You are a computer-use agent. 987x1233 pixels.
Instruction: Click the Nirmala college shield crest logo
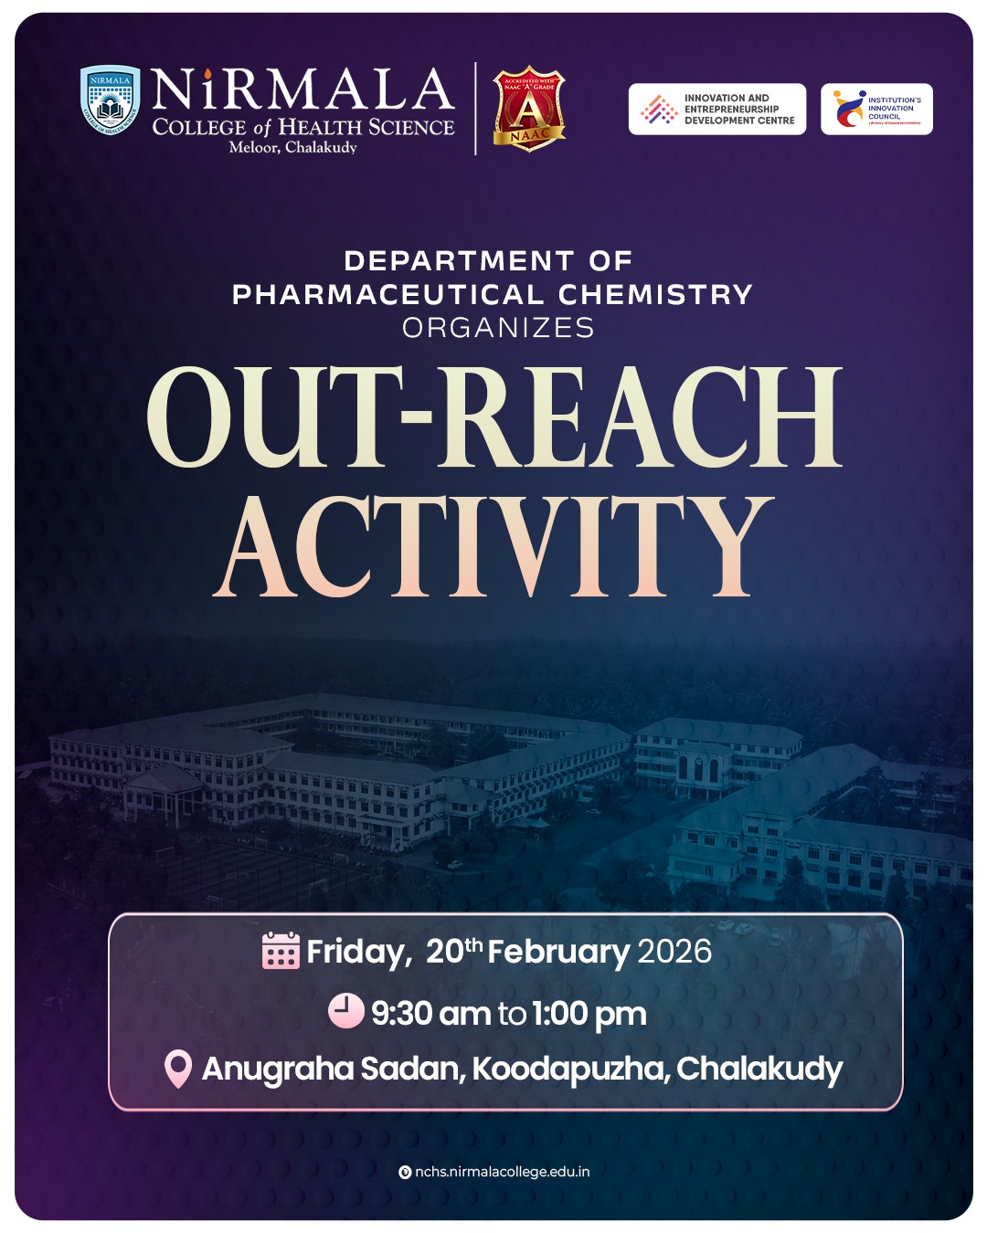point(110,100)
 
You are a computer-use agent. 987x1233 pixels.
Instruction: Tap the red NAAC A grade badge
point(529,109)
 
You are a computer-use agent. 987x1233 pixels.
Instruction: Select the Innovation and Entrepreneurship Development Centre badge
point(717,110)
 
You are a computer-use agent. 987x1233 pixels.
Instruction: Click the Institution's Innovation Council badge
point(876,110)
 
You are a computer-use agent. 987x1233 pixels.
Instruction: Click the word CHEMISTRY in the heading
point(655,295)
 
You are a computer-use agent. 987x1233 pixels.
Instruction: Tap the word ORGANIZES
point(498,328)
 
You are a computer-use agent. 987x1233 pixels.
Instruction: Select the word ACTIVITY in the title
point(493,548)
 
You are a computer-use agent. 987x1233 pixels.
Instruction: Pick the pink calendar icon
point(281,951)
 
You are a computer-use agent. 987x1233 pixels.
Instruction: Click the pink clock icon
point(345,1011)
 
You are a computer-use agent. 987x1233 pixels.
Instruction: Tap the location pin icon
point(177,1069)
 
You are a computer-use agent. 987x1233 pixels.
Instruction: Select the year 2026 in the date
point(674,952)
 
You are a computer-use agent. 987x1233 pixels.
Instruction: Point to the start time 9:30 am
point(430,1013)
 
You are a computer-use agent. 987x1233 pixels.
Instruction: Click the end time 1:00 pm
point(589,1013)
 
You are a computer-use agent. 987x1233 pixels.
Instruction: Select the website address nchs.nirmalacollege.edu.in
point(502,1172)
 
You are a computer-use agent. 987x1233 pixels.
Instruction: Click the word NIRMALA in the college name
point(302,91)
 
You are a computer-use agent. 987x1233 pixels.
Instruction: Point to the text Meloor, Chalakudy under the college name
point(292,147)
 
